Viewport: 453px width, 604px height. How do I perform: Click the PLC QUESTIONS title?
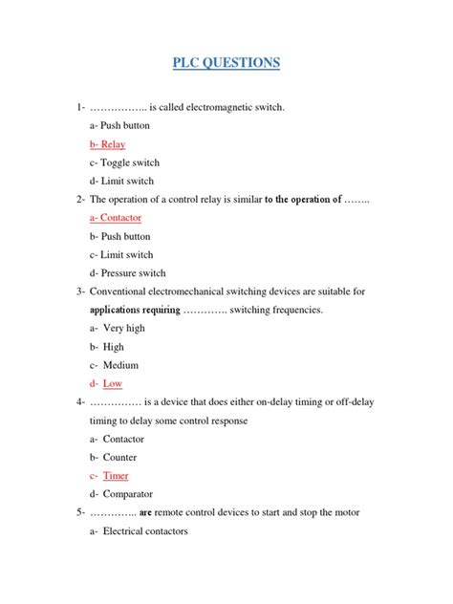pyautogui.click(x=226, y=63)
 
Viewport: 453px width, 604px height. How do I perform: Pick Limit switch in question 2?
pyautogui.click(x=120, y=254)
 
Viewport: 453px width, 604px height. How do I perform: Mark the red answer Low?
pyautogui.click(x=113, y=383)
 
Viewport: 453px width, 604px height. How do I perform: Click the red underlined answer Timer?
pyautogui.click(x=116, y=475)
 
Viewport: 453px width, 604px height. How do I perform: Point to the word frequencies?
pyautogui.click(x=291, y=310)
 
